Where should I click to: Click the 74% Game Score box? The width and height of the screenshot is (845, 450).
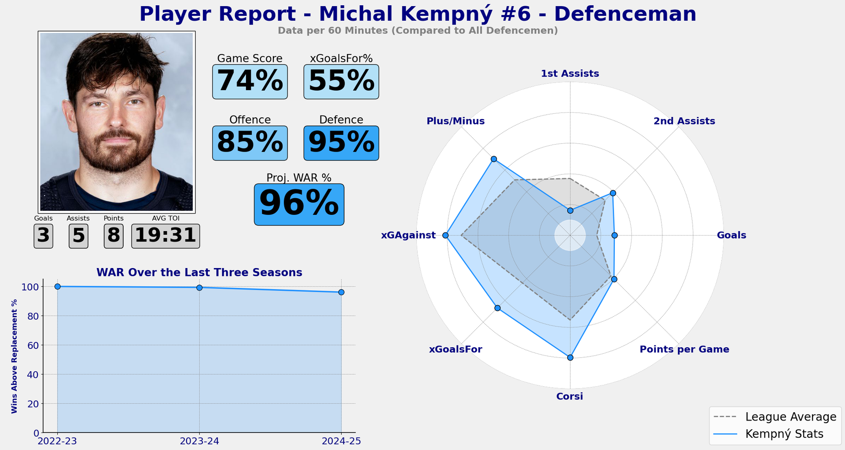[250, 82]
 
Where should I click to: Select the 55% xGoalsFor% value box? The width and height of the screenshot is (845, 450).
[341, 82]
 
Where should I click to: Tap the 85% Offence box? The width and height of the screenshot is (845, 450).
[250, 143]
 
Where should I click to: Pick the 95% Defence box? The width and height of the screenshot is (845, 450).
[341, 143]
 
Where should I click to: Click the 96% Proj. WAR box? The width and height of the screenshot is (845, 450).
[299, 204]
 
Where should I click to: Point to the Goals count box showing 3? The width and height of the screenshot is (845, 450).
[43, 236]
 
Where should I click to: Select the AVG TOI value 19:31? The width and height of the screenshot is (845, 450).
[165, 236]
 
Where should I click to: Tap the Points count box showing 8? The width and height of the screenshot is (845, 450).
[114, 236]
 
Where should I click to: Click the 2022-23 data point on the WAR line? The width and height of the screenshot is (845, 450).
[57, 287]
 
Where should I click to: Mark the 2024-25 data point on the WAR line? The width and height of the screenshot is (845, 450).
[341, 292]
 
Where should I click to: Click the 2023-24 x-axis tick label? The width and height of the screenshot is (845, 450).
[199, 441]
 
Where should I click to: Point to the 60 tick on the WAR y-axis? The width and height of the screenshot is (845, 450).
[33, 345]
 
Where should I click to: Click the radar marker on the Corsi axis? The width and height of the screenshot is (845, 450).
[570, 358]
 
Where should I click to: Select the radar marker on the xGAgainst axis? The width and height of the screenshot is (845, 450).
[445, 236]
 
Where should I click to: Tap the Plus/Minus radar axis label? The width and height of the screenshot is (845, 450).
[456, 121]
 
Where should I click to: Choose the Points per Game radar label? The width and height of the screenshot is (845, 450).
[684, 349]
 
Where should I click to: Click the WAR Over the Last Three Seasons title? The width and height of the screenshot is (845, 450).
[199, 272]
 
